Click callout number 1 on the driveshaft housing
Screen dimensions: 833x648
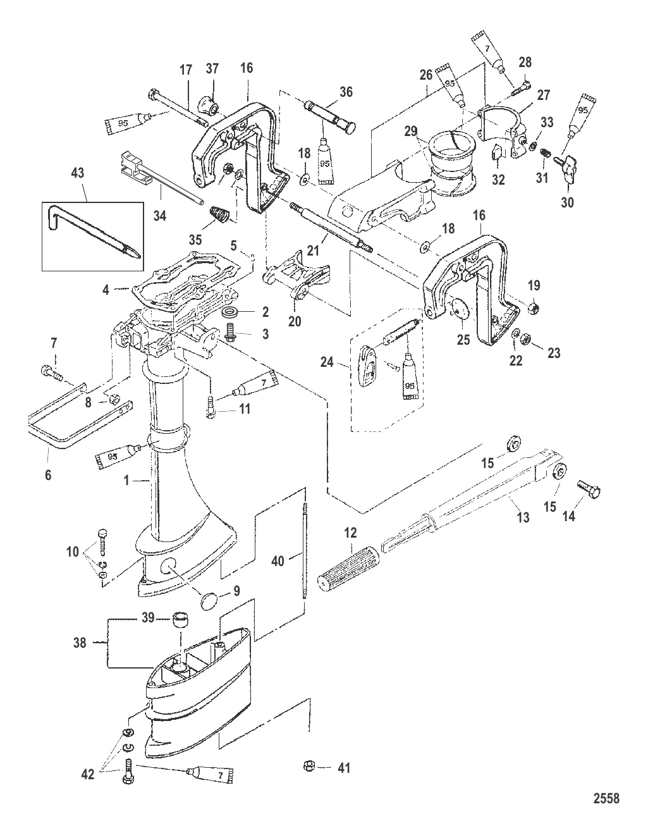(x=126, y=480)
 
